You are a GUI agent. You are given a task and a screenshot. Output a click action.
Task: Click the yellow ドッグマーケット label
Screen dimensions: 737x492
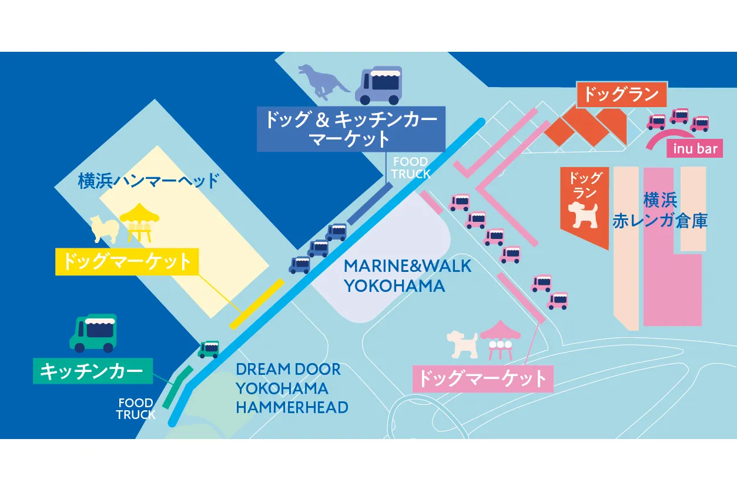127,262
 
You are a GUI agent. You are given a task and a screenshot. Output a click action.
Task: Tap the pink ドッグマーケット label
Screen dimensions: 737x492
483,378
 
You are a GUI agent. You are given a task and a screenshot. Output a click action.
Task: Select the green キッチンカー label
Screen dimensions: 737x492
93,371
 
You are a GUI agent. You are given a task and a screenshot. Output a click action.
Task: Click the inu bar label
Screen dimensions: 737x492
695,149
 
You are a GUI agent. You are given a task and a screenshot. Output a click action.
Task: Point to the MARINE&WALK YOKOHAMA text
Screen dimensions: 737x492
407,276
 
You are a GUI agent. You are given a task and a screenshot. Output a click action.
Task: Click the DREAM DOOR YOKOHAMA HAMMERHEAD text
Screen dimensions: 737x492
292,388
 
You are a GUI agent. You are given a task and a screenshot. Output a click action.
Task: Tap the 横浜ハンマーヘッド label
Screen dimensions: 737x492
148,181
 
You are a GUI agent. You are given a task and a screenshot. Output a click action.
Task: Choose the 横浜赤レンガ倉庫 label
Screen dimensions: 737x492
660,210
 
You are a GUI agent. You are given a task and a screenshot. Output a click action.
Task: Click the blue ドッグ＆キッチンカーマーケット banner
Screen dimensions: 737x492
351,129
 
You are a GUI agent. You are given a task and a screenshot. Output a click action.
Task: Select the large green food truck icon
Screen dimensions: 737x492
93,333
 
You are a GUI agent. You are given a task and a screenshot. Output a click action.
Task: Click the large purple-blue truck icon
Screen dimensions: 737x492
378,85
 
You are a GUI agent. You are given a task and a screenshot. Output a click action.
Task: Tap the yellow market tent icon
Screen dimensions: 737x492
139,223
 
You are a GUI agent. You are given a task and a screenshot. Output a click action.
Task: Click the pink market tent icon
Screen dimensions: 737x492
500,340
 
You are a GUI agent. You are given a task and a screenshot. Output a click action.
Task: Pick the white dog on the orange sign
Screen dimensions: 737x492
583,215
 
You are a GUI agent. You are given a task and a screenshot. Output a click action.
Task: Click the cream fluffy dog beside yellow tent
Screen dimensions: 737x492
105,230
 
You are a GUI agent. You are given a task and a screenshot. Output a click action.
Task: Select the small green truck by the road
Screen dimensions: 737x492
209,350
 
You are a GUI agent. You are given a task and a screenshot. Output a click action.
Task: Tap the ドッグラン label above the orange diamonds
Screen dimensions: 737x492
622,94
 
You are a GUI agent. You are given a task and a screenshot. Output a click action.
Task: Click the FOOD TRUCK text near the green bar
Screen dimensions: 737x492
136,408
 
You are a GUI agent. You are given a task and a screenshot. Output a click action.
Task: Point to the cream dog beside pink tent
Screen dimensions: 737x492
463,345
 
